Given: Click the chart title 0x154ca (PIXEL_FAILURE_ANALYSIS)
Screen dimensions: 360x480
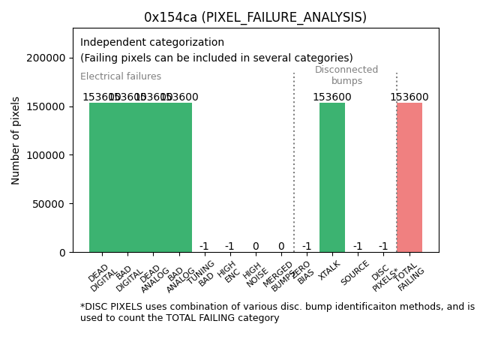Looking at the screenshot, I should pos(255,17).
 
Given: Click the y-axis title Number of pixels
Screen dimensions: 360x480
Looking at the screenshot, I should pos(16,140).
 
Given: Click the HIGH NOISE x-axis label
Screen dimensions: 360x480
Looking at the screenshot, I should pos(253,273).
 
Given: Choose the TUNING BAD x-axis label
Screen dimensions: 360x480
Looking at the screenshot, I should pos(201,274).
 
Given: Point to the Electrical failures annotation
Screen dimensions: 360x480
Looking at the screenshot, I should pos(121,76).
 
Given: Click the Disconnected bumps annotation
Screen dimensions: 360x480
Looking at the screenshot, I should pos(346,76).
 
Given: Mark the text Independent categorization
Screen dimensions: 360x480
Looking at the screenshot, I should pos(152,43).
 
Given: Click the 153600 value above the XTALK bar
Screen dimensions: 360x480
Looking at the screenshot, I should pos(332,97).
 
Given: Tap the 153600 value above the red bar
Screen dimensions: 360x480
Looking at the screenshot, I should pos(409,97).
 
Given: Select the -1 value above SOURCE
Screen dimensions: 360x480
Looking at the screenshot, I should pos(358,247).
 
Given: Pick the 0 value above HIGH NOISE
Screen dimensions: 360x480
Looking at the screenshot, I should pos(256,247).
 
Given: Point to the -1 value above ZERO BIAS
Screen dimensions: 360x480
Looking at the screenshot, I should pos(307,247).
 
